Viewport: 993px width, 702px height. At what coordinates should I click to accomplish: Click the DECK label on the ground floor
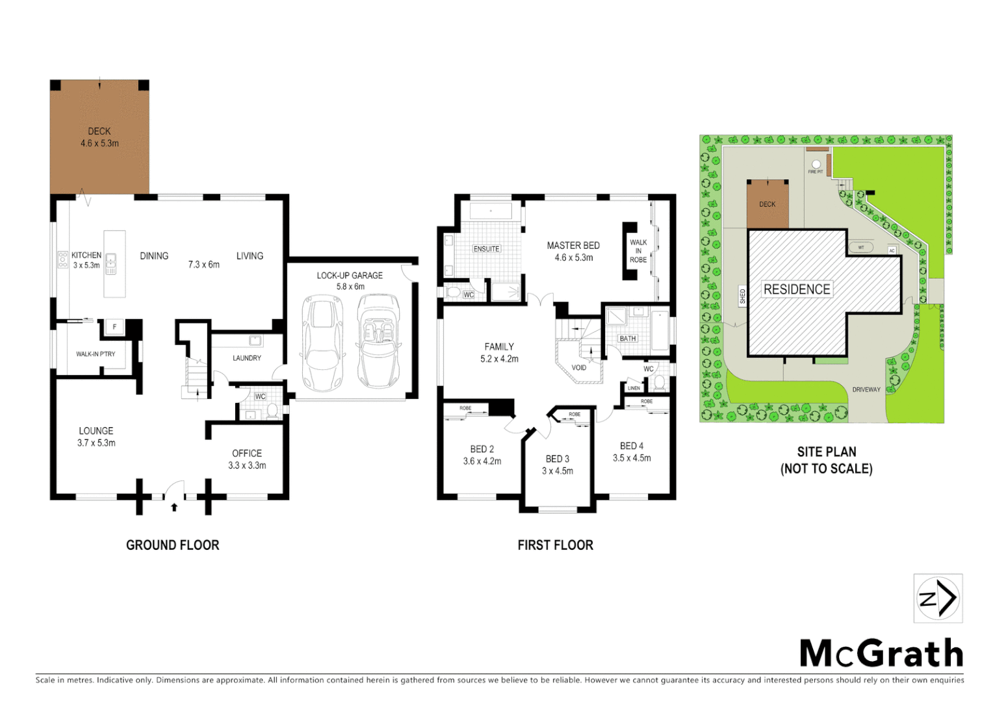99,131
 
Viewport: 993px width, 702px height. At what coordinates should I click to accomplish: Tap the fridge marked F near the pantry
114,327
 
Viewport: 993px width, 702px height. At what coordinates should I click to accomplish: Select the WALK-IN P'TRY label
96,354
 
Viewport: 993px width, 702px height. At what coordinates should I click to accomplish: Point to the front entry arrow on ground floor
174,507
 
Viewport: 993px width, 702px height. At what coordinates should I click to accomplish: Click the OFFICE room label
247,454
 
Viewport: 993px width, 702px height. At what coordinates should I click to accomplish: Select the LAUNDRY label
247,358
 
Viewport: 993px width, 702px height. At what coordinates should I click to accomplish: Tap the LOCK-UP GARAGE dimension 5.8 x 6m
350,287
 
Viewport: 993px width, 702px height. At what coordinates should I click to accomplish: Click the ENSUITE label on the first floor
486,249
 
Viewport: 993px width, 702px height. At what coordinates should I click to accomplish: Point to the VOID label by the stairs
578,368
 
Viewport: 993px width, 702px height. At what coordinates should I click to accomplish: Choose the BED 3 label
558,459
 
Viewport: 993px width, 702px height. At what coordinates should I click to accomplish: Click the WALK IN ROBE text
638,251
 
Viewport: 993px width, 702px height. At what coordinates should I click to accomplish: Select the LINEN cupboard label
634,388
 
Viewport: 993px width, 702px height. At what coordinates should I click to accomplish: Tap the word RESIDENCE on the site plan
797,289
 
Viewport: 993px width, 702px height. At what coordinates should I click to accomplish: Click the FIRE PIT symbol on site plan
816,164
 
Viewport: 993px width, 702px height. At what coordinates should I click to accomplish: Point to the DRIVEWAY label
866,390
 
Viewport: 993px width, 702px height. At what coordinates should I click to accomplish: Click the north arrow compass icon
938,598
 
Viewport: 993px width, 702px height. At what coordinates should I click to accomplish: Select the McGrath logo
881,653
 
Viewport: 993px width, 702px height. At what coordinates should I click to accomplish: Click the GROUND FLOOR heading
173,545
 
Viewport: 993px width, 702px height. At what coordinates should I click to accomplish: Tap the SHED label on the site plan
743,296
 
